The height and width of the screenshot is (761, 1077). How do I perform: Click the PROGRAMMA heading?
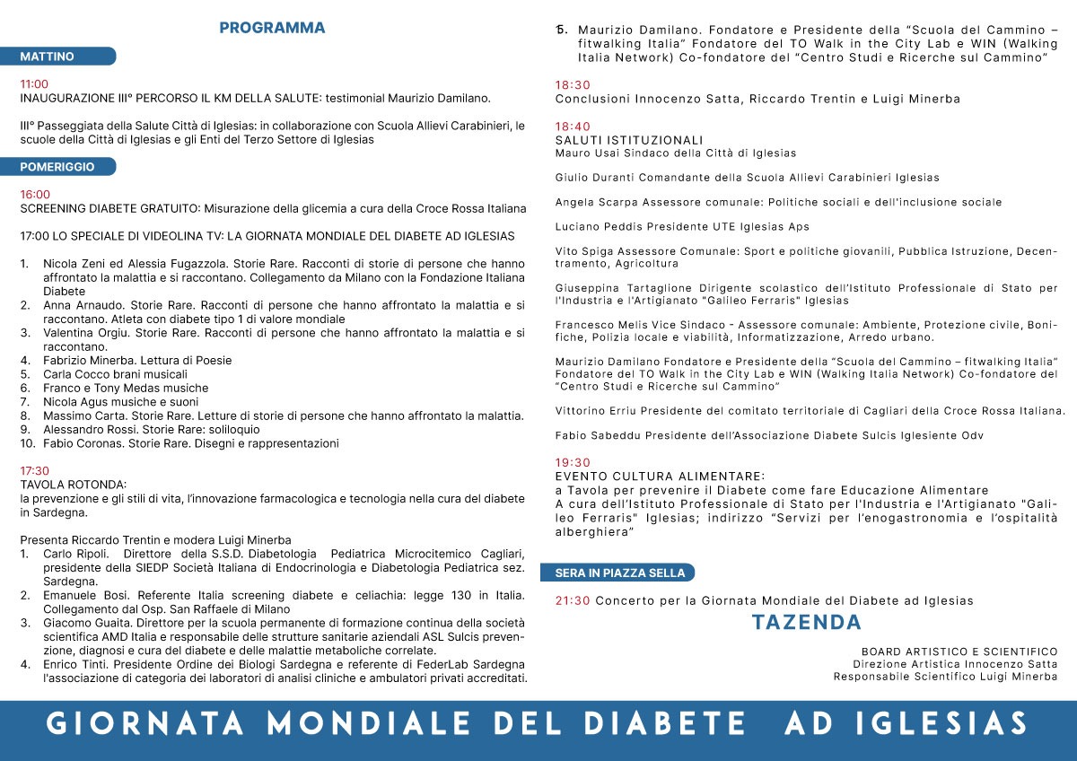[x=272, y=28]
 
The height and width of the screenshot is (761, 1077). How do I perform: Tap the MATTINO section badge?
[x=48, y=57]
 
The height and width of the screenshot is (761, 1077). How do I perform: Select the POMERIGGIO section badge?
[x=57, y=167]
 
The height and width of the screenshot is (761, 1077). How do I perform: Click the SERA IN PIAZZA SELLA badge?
[x=619, y=573]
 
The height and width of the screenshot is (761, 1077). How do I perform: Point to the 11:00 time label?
[x=35, y=83]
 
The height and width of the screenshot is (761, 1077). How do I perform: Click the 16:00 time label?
[x=35, y=194]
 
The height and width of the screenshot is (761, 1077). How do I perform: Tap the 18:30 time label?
[x=573, y=85]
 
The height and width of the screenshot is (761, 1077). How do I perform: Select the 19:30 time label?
[x=573, y=462]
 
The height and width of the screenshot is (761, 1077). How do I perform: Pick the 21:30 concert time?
[x=573, y=600]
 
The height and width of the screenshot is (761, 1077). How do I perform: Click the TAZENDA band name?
[x=806, y=622]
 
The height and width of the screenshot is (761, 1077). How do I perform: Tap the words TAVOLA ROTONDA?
[x=74, y=485]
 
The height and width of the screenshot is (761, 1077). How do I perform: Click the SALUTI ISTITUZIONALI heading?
[x=629, y=140]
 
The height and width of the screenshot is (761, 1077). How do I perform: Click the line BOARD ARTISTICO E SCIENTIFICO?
[x=959, y=652]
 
